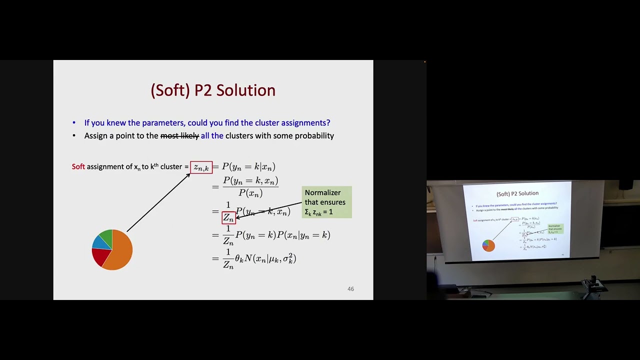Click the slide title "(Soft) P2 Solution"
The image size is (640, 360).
click(213, 90)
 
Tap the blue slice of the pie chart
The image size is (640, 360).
click(100, 242)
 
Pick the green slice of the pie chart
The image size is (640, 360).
click(106, 235)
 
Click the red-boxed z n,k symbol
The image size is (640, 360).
click(201, 167)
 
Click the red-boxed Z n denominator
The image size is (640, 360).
click(228, 217)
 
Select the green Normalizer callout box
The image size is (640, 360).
click(326, 202)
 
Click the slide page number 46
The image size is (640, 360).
click(350, 289)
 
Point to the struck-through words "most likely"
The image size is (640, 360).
click(179, 136)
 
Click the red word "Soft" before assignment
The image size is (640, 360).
click(78, 166)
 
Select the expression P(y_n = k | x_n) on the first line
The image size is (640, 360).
click(248, 167)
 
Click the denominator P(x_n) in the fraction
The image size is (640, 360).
click(250, 193)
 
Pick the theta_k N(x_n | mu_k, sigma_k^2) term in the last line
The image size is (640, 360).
click(265, 258)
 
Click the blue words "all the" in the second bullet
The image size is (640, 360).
click(212, 136)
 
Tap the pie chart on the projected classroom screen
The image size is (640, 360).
click(488, 245)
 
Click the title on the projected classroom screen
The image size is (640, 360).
click(517, 193)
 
